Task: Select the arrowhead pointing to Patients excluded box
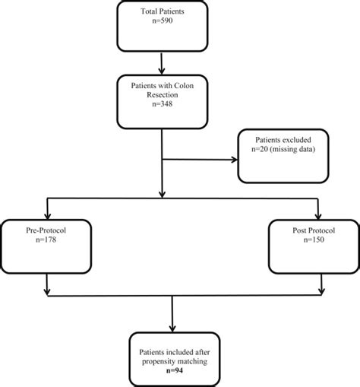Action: pyautogui.click(x=232, y=160)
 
